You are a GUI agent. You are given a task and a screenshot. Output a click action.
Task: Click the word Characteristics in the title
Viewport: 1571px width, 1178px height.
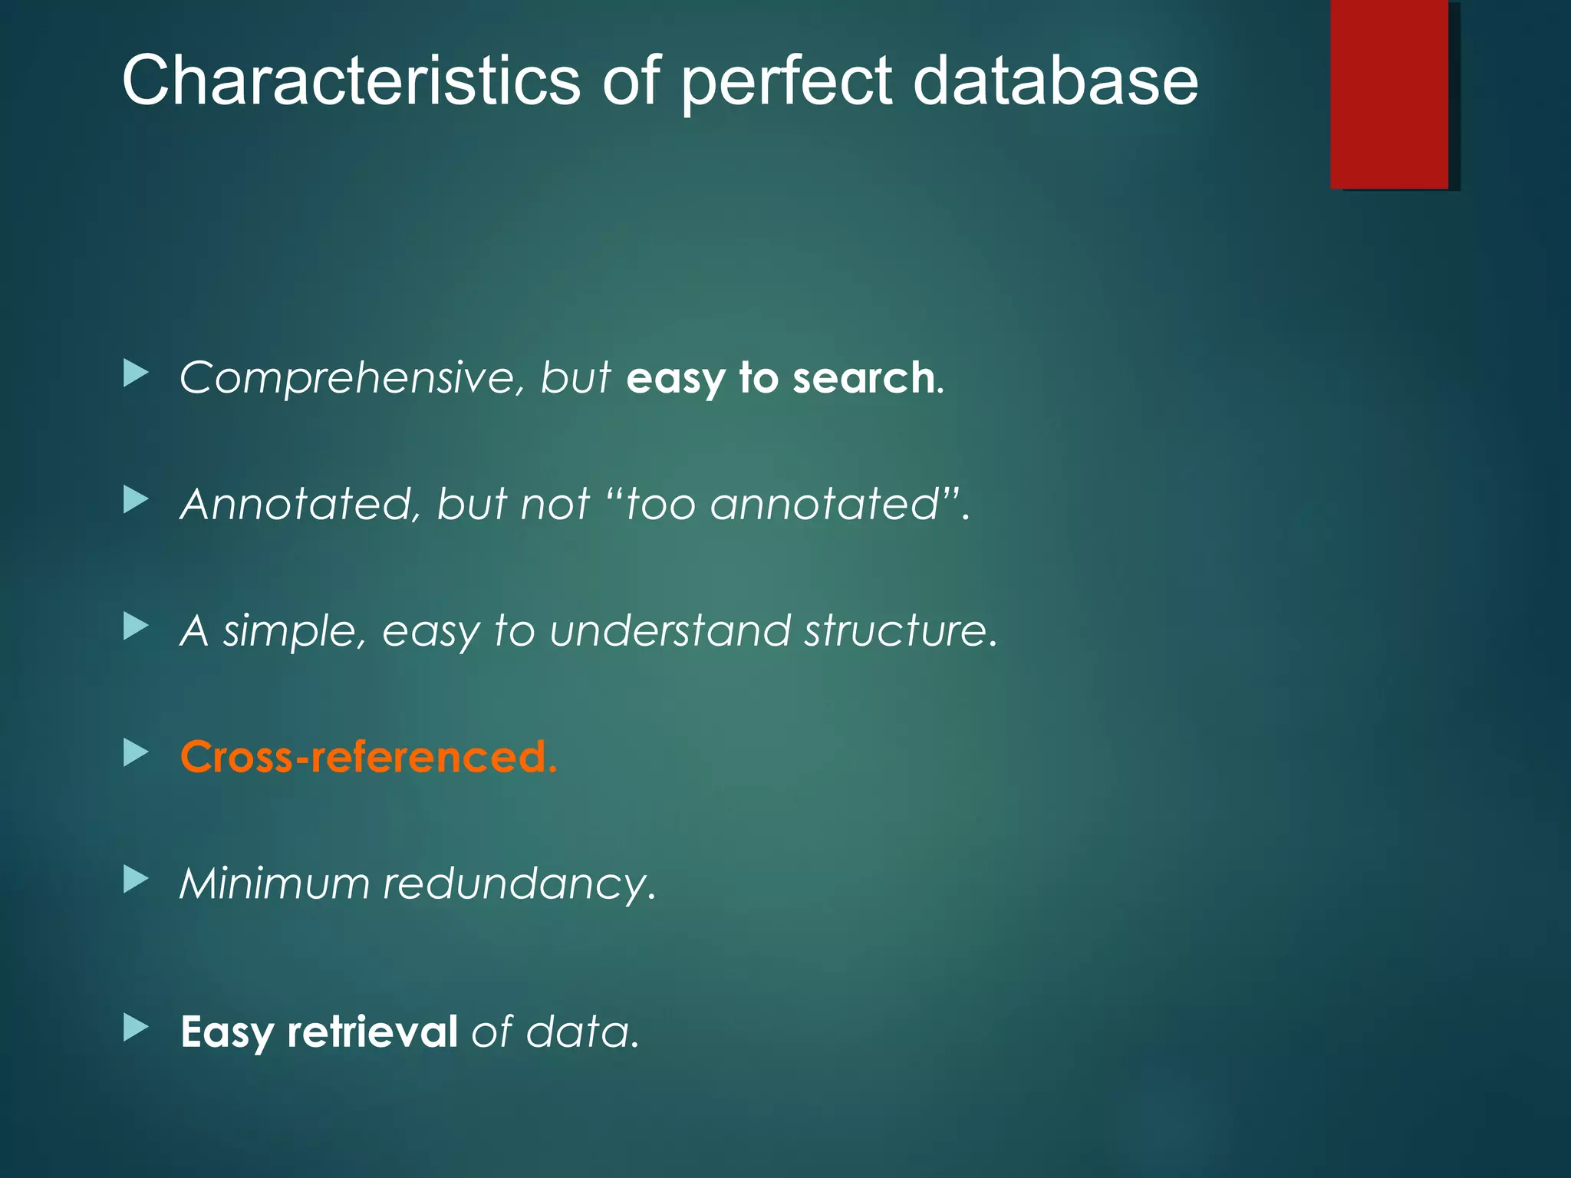click(351, 81)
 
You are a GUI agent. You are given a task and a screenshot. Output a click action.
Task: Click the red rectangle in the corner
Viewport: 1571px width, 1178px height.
click(1389, 94)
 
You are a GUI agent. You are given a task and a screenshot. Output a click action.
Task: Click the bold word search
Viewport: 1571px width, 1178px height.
click(863, 378)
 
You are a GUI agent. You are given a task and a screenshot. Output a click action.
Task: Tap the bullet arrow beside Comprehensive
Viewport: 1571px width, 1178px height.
click(135, 374)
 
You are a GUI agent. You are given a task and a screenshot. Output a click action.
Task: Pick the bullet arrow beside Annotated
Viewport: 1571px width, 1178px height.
click(135, 501)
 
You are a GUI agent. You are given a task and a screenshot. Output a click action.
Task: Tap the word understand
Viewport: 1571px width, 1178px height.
click(669, 630)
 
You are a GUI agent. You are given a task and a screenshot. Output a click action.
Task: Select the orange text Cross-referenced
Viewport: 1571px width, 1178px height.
click(368, 757)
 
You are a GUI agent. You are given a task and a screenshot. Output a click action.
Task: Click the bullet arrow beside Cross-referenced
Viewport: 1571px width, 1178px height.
click(135, 753)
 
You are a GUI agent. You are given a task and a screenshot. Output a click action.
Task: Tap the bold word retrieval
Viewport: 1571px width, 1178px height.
click(372, 1032)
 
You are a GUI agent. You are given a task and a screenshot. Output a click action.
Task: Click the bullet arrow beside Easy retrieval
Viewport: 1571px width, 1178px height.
click(135, 1028)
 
